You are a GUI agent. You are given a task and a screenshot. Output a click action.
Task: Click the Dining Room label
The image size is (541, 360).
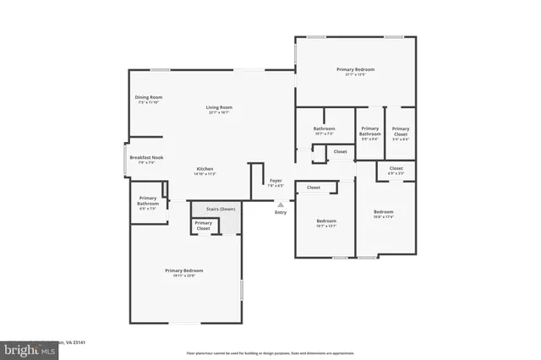point(148,97)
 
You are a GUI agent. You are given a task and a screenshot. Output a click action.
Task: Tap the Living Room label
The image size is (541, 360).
point(219,107)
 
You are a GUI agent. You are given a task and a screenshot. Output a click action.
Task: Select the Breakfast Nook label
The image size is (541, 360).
point(146,157)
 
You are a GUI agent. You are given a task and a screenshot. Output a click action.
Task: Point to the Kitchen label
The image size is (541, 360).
point(205,169)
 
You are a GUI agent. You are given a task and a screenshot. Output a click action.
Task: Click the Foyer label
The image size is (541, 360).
point(276,181)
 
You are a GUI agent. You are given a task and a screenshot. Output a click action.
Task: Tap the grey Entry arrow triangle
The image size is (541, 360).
point(281,204)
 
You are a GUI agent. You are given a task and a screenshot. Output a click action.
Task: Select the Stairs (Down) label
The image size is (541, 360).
point(216,207)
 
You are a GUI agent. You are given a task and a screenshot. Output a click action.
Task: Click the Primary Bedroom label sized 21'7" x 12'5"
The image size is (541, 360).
point(355,69)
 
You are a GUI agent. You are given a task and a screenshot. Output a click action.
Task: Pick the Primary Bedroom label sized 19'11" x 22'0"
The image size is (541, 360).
point(183,270)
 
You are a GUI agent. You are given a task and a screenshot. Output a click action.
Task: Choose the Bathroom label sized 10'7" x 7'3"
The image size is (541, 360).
point(325,129)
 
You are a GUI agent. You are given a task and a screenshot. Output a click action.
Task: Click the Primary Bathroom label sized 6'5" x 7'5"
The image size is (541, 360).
point(148,201)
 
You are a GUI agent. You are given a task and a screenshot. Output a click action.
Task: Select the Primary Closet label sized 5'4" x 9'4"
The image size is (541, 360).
point(400,131)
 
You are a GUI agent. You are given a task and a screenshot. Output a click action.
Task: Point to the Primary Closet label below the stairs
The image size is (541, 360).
point(203,226)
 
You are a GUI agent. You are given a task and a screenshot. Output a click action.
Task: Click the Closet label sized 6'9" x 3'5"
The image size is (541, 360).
point(396,168)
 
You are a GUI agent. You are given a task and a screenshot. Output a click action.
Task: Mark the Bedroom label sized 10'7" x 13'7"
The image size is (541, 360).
point(325,221)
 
